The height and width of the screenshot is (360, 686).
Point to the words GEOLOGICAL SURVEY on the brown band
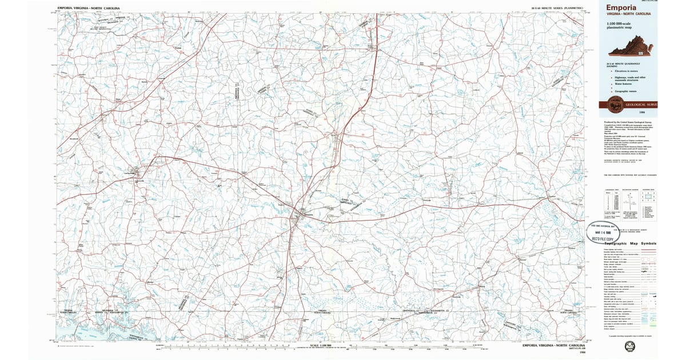coord(641,105)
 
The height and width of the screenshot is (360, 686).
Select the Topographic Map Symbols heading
coord(628,243)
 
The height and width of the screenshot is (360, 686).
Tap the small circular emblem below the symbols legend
coord(631,346)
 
